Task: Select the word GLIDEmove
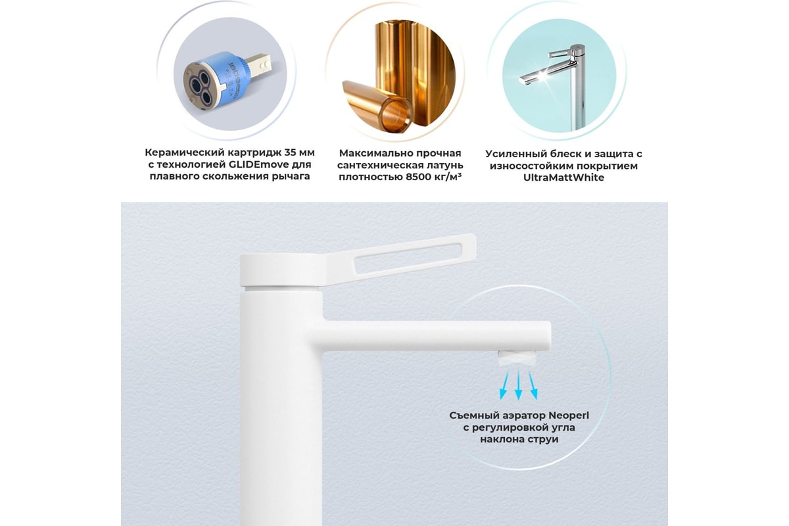tap(259, 164)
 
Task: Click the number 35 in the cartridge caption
tap(291, 153)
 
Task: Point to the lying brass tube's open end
tap(397, 114)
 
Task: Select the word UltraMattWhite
tap(563, 178)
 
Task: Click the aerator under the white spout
tap(517, 357)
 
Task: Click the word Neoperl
tap(568, 416)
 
